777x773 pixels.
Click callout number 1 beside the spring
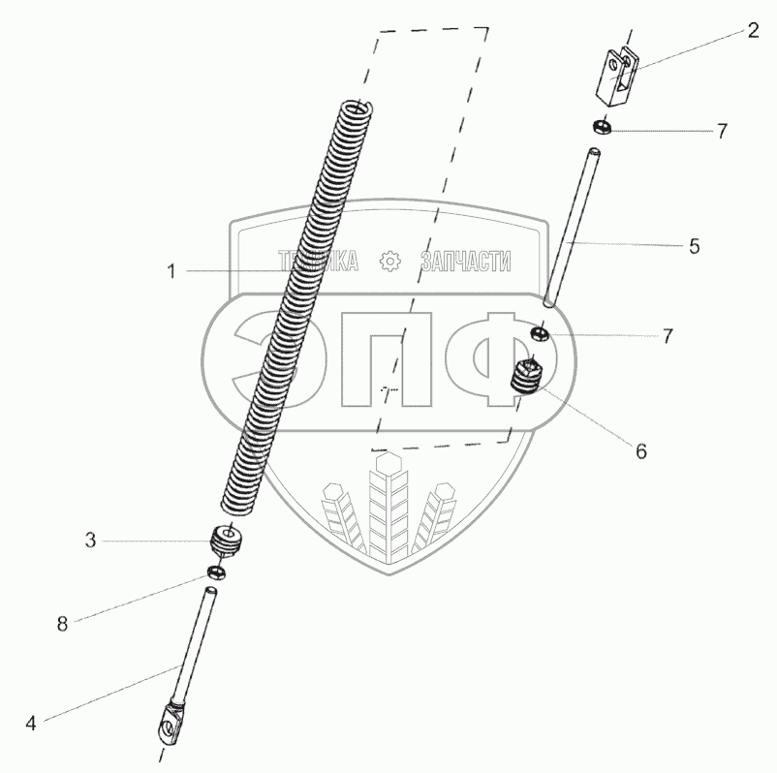pos(171,272)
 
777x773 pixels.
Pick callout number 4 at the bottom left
pos(31,722)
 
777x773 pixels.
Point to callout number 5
pos(694,245)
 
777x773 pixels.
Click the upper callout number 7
pos(722,130)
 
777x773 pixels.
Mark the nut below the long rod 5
pos(540,334)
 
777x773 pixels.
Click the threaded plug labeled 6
pos(529,377)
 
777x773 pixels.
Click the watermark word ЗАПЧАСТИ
pos(466,262)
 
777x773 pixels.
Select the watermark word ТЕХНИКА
pos(319,262)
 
